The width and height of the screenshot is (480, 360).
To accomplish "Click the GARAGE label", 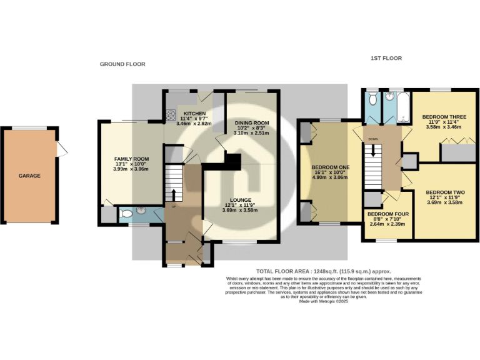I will click(x=29, y=176).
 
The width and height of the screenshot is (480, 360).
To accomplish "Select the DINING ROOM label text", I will click(x=252, y=122).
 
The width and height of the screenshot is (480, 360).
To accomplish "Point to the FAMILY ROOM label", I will click(x=130, y=159).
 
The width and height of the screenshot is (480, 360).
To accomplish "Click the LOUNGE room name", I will click(x=239, y=199).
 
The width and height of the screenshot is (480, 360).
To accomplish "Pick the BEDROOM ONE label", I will click(x=331, y=167).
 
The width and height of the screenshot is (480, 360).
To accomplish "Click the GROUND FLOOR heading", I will click(x=122, y=64).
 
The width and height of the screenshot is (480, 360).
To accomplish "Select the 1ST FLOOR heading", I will click(x=385, y=58).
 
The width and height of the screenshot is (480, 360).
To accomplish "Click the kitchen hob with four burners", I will click(x=171, y=114).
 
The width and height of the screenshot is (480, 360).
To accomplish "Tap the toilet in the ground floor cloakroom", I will click(x=125, y=214).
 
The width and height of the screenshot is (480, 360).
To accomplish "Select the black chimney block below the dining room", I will click(x=232, y=161).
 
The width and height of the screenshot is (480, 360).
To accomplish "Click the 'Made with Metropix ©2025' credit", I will click(x=324, y=301).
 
